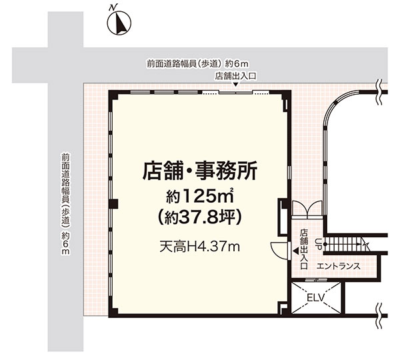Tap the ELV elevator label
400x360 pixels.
(x=315, y=297)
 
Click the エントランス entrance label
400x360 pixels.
(x=338, y=267)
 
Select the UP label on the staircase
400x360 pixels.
(x=318, y=244)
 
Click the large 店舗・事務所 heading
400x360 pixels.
(x=200, y=171)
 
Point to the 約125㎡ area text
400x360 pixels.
(x=200, y=197)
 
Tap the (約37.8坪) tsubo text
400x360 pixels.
(x=200, y=217)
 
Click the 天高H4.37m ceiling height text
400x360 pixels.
(x=200, y=247)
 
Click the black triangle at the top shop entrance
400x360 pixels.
(x=236, y=85)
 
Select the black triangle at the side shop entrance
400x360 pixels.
(x=295, y=251)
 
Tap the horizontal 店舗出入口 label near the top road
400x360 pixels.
(x=235, y=76)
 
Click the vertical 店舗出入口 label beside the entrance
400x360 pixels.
(x=304, y=249)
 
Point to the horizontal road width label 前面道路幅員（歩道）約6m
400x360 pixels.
(x=197, y=63)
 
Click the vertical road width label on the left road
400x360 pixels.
(x=65, y=203)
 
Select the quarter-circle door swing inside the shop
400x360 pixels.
(x=279, y=251)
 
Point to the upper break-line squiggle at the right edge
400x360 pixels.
(x=379, y=92)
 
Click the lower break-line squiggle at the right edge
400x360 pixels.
(x=379, y=315)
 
